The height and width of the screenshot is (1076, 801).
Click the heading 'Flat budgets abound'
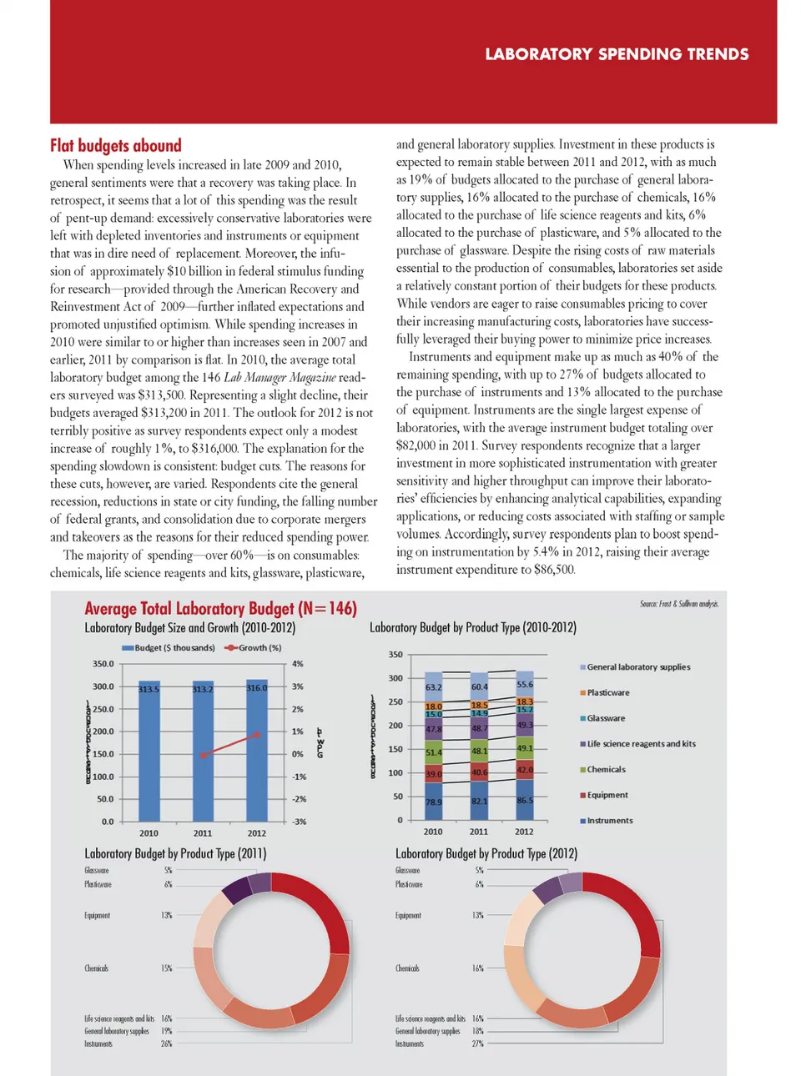pos(115,146)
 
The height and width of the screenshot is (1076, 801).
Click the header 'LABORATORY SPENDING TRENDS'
pos(617,54)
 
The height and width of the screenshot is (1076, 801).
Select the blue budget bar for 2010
pos(149,751)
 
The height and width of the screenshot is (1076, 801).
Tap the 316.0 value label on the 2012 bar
pos(257,688)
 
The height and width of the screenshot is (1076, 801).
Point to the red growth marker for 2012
pos(257,735)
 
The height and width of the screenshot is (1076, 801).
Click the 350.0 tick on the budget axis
pos(103,664)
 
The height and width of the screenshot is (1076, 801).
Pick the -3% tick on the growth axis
pos(298,822)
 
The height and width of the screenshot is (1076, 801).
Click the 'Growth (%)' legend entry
pos(254,648)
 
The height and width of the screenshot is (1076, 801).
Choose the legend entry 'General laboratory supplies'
pos(638,667)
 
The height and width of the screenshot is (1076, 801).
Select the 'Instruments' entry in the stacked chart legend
pos(609,821)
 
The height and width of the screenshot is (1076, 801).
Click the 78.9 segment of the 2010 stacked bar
pos(434,802)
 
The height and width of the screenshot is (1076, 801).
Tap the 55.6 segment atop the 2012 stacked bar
pos(525,685)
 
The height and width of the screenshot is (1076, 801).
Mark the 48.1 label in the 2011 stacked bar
pos(479,751)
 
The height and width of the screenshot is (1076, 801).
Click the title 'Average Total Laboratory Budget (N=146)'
pos(220,609)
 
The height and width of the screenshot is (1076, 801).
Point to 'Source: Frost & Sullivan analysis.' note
pos(678,604)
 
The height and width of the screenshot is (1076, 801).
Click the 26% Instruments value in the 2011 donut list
pos(166,1043)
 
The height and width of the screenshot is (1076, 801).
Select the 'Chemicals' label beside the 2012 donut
pos(407,968)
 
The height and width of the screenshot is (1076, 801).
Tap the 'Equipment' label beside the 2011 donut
pos(97,915)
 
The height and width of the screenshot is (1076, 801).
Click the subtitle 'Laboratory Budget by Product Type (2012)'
pos(486,854)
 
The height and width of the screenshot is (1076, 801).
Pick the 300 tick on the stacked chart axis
pos(395,678)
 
